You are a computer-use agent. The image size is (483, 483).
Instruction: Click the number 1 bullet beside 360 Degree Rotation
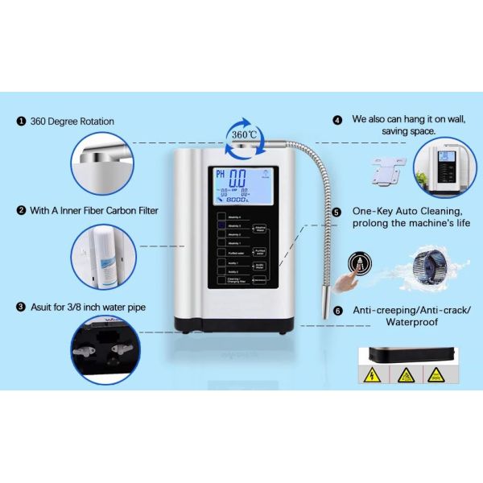(x=21, y=122)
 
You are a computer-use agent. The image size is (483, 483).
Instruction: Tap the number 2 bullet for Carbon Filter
(x=21, y=211)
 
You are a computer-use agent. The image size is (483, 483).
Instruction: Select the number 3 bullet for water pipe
(x=21, y=307)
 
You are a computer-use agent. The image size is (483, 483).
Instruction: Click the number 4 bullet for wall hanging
(x=338, y=119)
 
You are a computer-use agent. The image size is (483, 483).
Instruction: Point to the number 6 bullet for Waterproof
(x=338, y=310)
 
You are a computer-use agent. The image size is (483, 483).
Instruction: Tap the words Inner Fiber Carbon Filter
(x=114, y=211)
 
